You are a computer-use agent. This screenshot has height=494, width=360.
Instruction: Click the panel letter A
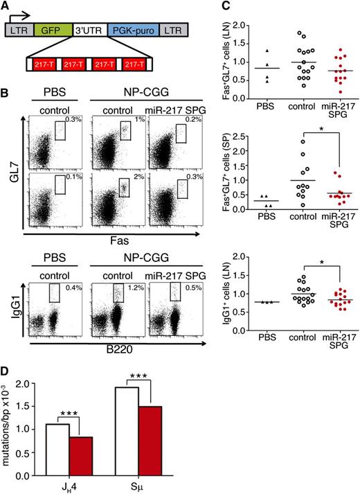(6, 6)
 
